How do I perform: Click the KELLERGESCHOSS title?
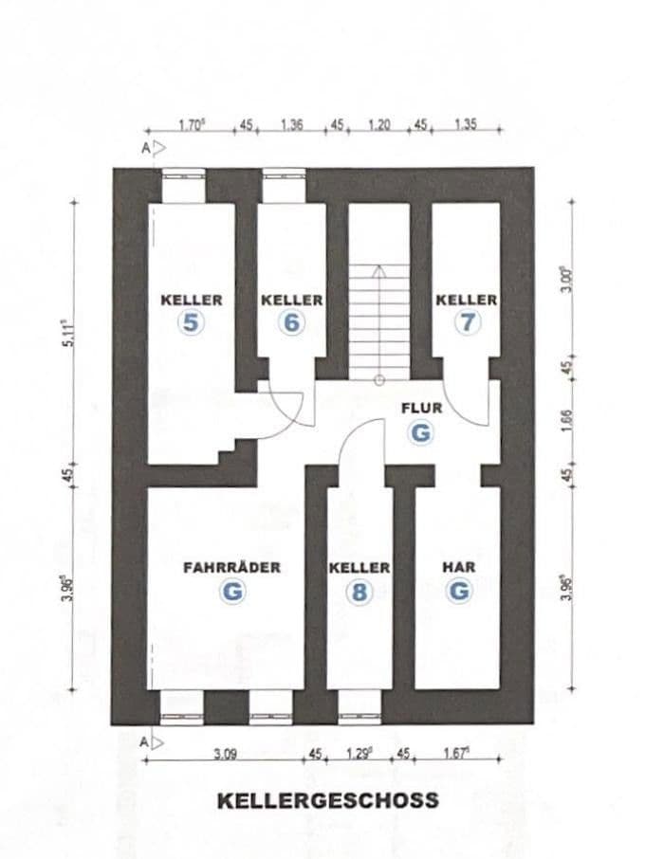[328, 800]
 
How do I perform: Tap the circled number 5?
[192, 322]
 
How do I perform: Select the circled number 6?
[291, 322]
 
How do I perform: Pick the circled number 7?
[467, 322]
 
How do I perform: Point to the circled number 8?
[359, 592]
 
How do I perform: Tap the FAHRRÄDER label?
[231, 568]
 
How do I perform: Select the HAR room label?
[459, 568]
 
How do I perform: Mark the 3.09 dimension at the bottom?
[224, 755]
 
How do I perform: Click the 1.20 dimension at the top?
[379, 126]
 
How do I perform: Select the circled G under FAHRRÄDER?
[231, 592]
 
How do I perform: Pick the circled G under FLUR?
[422, 432]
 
